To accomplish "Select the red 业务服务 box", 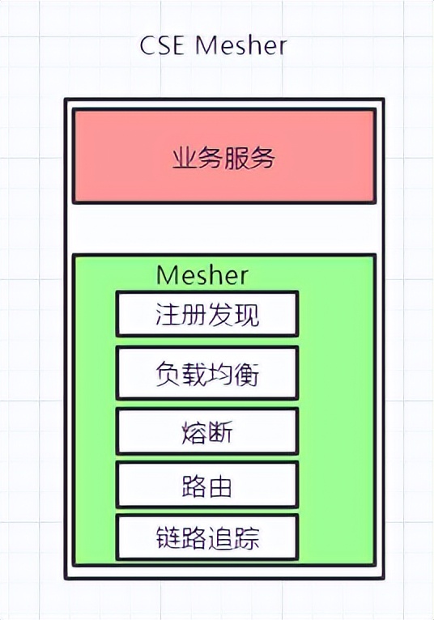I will [x=224, y=156].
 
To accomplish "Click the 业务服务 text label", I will [x=224, y=159].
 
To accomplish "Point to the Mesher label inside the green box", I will [x=202, y=274].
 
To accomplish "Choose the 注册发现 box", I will [x=207, y=314].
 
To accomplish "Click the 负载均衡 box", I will [x=207, y=373].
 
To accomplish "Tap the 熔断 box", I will [x=207, y=431].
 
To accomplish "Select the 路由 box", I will [x=207, y=486].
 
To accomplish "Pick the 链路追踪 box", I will [x=207, y=537].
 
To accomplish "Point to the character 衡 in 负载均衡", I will [x=248, y=373].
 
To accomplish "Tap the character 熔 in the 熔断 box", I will [x=194, y=431].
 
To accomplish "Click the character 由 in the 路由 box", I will [x=221, y=486].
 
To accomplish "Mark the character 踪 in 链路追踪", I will [x=248, y=537].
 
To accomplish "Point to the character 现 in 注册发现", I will [x=248, y=314].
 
